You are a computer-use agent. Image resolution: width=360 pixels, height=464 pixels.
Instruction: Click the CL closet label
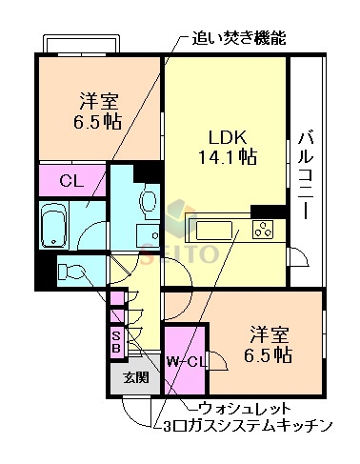click(x=70, y=179)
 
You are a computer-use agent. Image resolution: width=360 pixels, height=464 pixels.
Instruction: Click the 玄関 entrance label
click(x=135, y=376)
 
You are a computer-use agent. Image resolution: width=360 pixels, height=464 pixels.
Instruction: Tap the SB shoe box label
click(x=115, y=341)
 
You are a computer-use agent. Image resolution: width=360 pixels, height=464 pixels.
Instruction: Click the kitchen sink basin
click(x=211, y=230)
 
